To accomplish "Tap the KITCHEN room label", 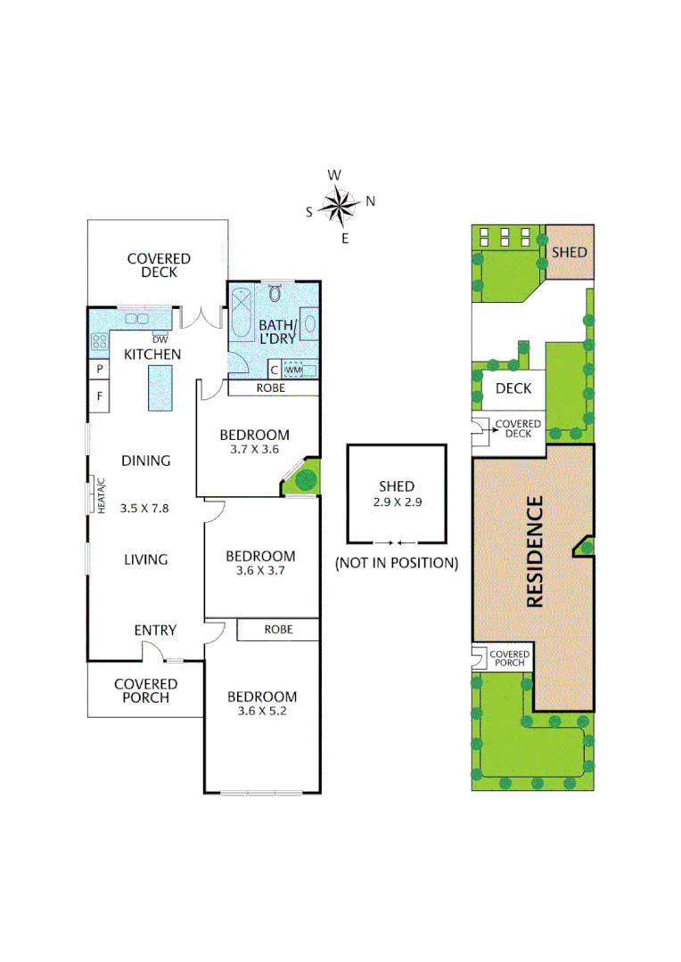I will point(152,355).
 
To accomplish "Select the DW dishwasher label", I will point(160,339).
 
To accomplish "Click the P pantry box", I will point(99,369).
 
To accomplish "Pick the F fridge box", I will point(99,396).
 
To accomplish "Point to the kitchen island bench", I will point(160,389).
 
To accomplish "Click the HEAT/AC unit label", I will point(101,494).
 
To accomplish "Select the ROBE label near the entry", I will point(278,629).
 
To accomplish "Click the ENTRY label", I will point(155,630).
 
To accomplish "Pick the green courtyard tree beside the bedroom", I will point(305,480).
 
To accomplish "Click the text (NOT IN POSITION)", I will point(397,563).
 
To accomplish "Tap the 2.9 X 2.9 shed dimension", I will point(397,501).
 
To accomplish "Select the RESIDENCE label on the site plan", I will point(535,552).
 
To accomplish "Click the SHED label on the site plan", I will point(569,252).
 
